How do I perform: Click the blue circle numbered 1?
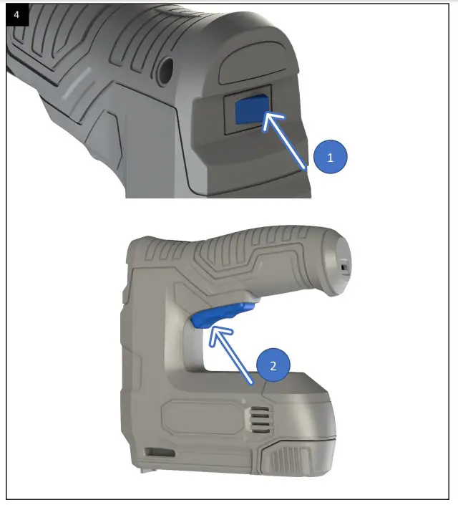pyautogui.click(x=330, y=158)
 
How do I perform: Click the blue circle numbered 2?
pyautogui.click(x=273, y=365)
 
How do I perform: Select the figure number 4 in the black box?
pyautogui.click(x=16, y=14)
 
